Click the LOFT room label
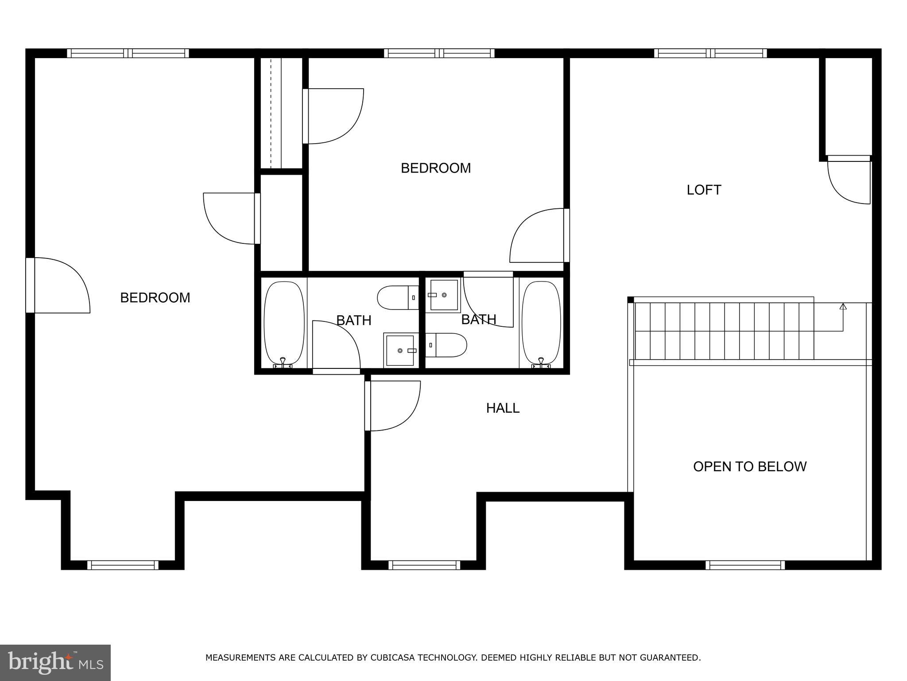pos(704,190)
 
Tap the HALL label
pos(503,408)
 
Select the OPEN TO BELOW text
pos(749,466)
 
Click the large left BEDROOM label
pos(155,297)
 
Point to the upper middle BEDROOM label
pos(435,168)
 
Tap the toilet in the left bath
pos(397,298)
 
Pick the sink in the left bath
pos(400,350)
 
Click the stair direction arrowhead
pos(843,306)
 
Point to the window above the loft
pos(710,53)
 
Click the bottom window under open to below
pos(745,565)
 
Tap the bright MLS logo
pos(55,662)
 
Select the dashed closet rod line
pos(271,113)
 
